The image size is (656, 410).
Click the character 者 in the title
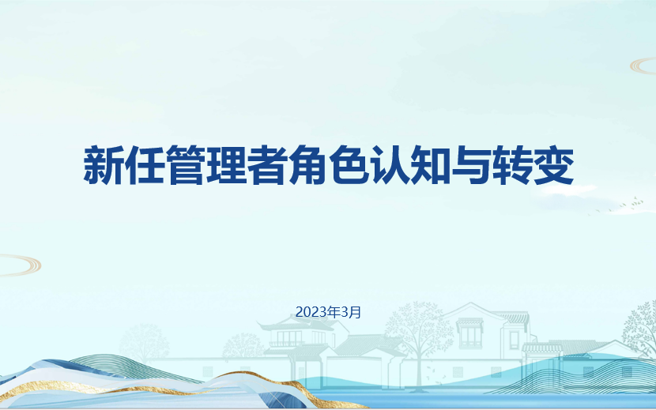[x=268, y=164]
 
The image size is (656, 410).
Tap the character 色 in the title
[x=349, y=164]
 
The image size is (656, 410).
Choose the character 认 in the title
[x=390, y=164]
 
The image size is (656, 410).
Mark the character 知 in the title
[x=432, y=164]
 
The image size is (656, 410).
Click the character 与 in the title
[x=473, y=164]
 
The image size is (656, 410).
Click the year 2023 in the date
[x=311, y=312]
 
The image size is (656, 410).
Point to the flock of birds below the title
[x=620, y=207]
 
